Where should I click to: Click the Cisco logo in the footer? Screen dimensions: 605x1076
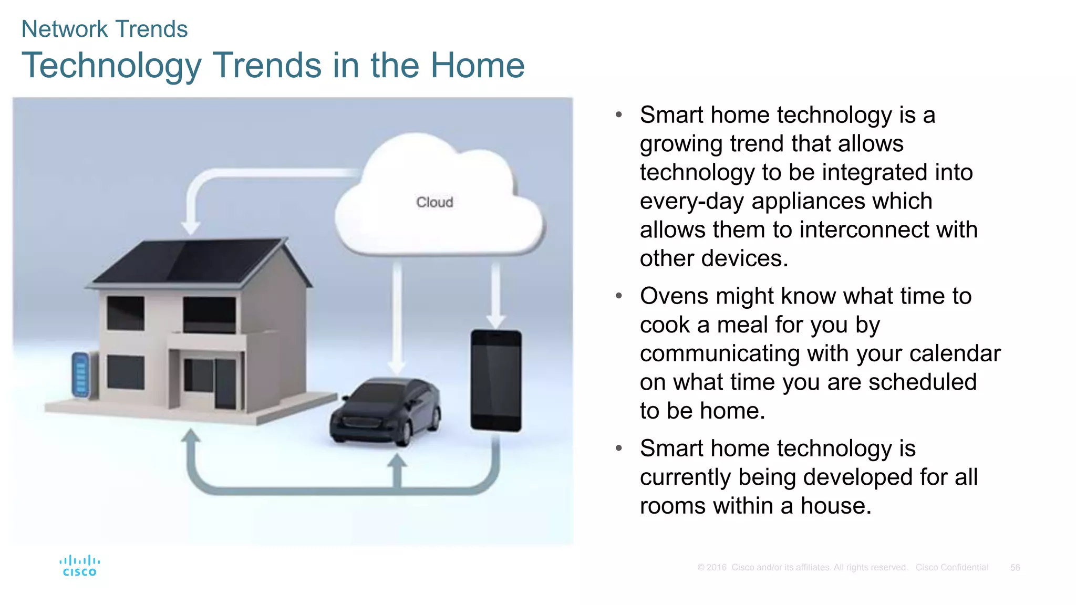[79, 566]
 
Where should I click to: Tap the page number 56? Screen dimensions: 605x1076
[1015, 568]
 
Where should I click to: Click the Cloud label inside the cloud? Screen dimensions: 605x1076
[434, 202]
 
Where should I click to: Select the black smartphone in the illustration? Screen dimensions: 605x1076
[496, 380]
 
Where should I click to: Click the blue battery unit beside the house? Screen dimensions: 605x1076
[80, 374]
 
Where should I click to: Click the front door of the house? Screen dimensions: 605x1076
[225, 384]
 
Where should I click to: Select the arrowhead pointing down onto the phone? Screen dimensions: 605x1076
[495, 321]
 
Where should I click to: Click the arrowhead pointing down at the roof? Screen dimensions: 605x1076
[191, 228]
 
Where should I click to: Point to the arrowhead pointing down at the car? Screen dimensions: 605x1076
[397, 367]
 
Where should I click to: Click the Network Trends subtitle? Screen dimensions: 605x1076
[104, 29]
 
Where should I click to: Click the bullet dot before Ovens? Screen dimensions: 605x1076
[619, 296]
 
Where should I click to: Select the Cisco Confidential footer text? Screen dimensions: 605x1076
[951, 568]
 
